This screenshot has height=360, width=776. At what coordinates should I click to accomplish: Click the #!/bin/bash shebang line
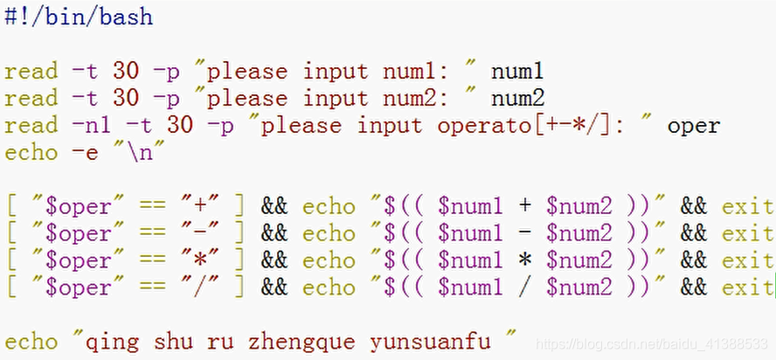coord(78,17)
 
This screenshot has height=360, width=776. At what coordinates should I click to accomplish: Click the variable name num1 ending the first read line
coord(517,71)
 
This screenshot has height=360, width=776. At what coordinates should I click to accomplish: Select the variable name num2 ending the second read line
coord(517,98)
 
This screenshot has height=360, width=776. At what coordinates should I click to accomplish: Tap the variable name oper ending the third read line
coord(694,125)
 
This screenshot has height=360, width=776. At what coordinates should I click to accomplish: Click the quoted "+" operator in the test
coord(200,206)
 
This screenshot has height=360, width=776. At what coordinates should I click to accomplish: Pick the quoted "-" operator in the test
coord(200,233)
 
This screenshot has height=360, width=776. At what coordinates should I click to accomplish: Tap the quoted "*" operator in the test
coord(200,260)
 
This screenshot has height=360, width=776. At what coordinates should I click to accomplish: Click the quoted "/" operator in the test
coord(200,287)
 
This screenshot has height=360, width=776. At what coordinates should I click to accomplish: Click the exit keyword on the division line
coord(747,287)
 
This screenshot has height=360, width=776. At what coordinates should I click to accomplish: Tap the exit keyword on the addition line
coord(747,206)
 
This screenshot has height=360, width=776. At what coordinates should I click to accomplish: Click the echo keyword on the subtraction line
coord(329,233)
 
